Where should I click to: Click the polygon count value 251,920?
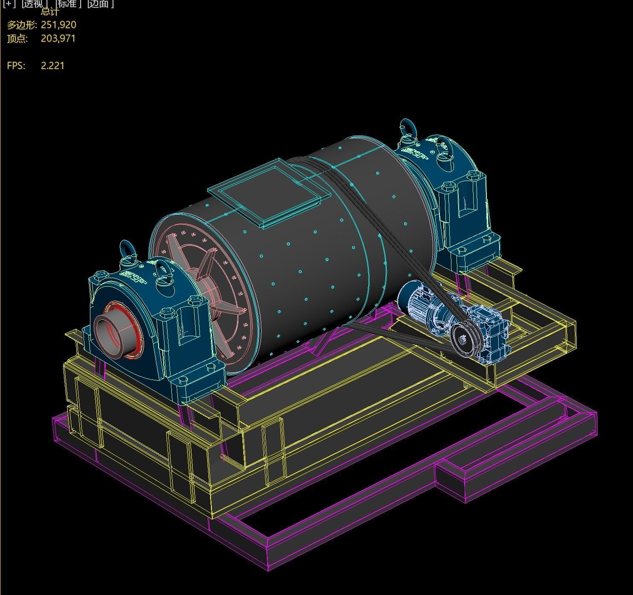coord(58,25)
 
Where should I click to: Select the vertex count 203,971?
coord(58,38)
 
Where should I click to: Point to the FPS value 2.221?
coord(52,66)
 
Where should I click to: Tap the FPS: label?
coord(16,66)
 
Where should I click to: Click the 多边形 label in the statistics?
coord(21,25)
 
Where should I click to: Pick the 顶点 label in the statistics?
coord(17,38)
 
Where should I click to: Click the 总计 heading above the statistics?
coord(50,11)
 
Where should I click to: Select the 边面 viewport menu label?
coord(100,4)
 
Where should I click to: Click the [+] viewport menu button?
coord(9,4)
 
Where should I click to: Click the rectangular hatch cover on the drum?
coord(269,191)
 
